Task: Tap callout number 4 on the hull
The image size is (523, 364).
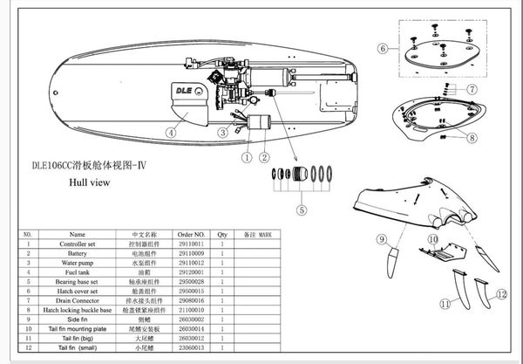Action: [172, 133]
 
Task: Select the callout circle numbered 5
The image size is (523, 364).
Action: [302, 209]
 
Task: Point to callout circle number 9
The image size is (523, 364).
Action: [382, 238]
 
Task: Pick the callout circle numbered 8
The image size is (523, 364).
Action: [472, 137]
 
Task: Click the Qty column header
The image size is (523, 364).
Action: [221, 234]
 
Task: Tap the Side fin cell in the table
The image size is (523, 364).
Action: [78, 319]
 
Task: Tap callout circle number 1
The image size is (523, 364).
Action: [247, 158]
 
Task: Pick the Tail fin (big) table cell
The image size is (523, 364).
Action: [78, 338]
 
